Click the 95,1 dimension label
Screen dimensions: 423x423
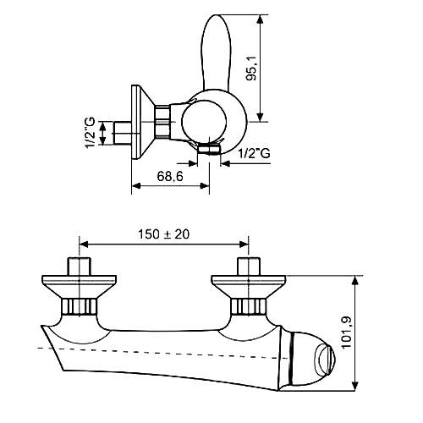point(251,69)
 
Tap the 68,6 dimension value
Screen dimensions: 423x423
point(170,177)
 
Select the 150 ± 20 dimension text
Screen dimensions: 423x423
point(163,234)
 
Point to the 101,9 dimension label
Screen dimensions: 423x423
point(346,332)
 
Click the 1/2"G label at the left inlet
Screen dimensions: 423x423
point(91,134)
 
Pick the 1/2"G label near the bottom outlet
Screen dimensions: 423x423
point(254,153)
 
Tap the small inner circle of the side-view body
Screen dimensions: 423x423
point(204,122)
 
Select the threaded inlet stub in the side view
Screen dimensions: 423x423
point(122,133)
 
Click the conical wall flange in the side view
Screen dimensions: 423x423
point(142,122)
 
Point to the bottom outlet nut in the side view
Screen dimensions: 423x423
point(209,149)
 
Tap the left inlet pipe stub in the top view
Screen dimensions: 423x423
point(80,266)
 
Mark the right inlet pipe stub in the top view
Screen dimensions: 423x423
point(249,266)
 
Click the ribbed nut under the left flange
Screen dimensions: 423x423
point(80,306)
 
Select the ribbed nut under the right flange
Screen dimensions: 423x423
point(249,306)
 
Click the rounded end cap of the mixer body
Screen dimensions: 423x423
point(311,358)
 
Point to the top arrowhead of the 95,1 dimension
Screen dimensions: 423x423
point(260,19)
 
